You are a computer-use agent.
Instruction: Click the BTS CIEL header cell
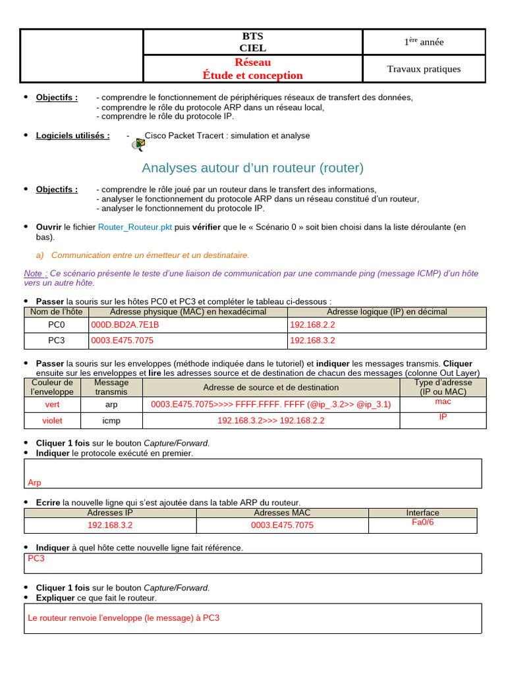(x=253, y=41)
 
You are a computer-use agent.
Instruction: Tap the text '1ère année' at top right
(x=424, y=42)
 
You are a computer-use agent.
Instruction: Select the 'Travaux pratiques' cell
(x=424, y=69)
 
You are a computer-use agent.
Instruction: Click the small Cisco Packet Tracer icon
(x=138, y=144)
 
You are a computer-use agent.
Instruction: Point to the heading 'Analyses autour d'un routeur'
(x=252, y=168)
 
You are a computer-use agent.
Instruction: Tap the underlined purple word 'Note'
(x=35, y=273)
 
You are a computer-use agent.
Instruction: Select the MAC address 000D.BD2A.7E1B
(x=125, y=324)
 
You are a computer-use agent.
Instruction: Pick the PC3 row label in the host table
(x=57, y=340)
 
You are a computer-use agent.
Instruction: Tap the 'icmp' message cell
(x=111, y=421)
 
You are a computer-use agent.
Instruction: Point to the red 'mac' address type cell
(x=443, y=401)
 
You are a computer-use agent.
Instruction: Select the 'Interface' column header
(x=422, y=513)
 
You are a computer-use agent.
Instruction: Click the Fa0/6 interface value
(x=422, y=522)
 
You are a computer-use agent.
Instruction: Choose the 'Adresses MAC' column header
(x=282, y=513)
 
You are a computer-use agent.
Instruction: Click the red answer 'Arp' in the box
(x=35, y=482)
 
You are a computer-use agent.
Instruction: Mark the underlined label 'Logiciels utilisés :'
(x=72, y=136)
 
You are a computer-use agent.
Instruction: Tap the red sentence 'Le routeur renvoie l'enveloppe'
(x=124, y=618)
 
